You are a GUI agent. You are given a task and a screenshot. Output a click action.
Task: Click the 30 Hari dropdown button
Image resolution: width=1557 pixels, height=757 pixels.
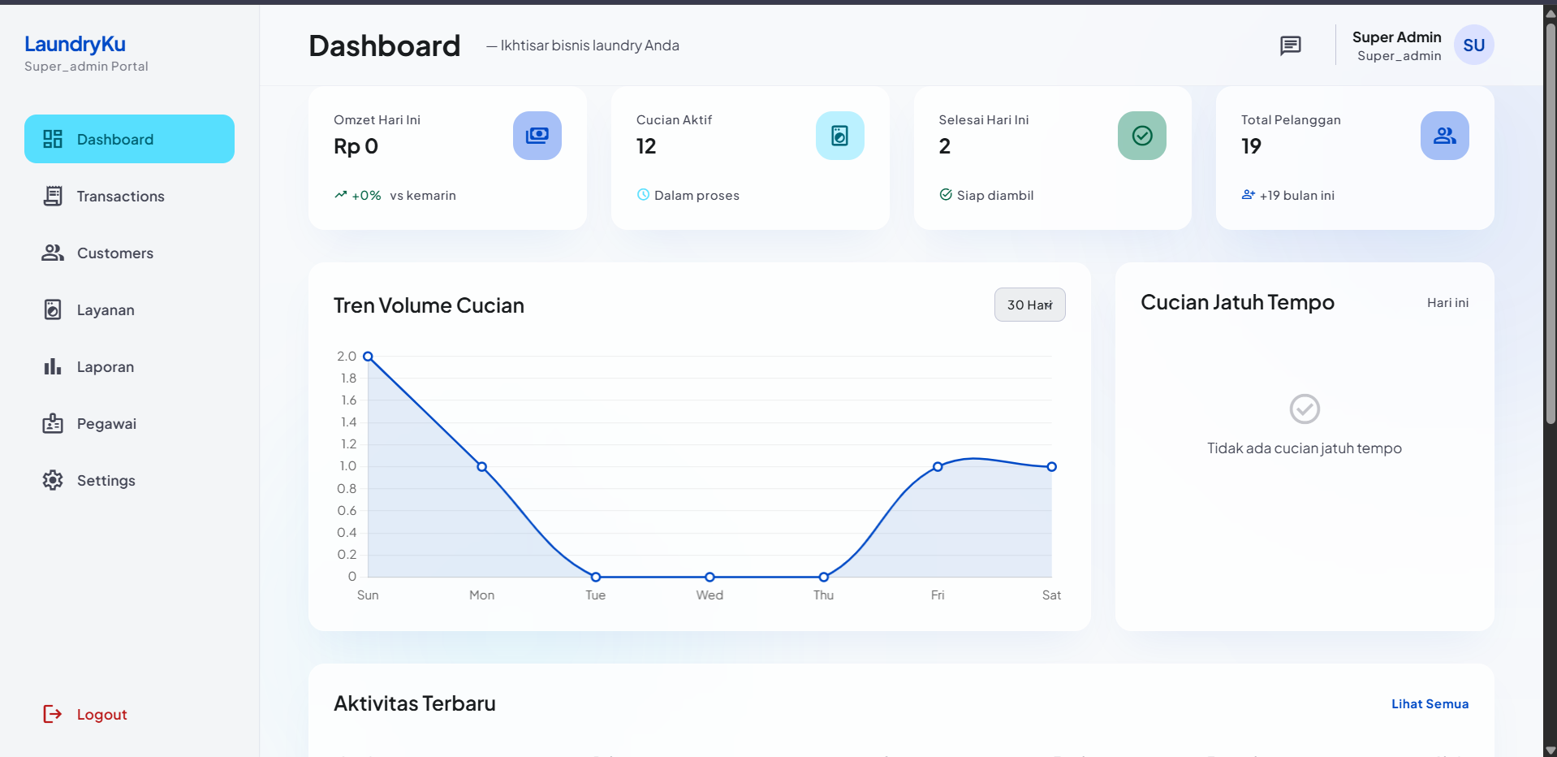tap(1029, 305)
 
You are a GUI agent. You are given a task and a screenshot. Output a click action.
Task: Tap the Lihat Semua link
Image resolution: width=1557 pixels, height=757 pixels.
tap(1430, 703)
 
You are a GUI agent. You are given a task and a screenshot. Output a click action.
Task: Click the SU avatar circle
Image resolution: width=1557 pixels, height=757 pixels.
tap(1473, 45)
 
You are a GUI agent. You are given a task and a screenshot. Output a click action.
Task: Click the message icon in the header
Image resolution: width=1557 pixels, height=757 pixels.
tap(1290, 45)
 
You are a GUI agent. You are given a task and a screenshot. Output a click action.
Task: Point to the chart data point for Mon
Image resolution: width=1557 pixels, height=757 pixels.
tap(481, 466)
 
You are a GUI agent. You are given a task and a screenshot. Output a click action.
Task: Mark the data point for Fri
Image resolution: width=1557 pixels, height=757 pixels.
tap(938, 466)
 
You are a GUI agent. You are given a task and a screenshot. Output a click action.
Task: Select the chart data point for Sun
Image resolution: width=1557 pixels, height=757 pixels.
tap(368, 357)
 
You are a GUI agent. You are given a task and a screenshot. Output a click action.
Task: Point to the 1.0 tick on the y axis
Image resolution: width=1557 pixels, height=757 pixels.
tap(348, 466)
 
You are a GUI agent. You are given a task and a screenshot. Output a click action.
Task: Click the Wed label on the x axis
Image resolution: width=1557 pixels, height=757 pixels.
tap(709, 595)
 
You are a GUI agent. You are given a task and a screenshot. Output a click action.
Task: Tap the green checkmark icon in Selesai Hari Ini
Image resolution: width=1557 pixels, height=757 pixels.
tap(1141, 136)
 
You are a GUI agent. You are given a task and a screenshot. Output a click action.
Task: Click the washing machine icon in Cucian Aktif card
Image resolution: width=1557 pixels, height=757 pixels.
tap(839, 136)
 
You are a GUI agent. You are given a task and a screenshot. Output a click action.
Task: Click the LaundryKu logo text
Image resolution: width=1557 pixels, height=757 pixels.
tap(75, 44)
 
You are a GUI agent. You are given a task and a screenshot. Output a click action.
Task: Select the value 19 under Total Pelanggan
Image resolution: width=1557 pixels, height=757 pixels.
tap(1251, 146)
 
